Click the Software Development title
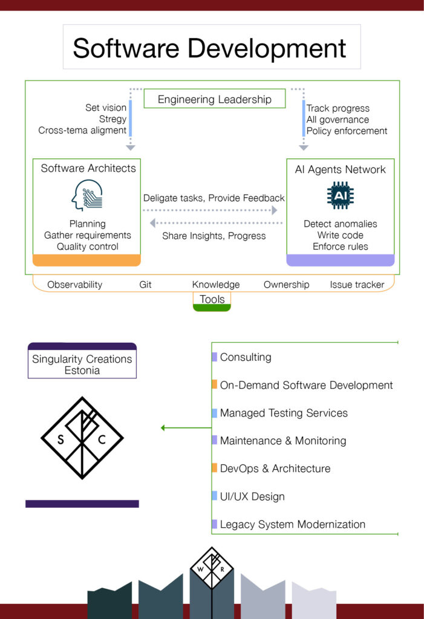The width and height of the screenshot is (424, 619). point(209,48)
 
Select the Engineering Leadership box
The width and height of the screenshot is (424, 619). point(215,99)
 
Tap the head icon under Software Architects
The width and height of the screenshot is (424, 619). point(87,195)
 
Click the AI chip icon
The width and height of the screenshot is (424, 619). point(340,195)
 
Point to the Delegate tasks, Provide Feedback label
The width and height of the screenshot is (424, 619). point(214,198)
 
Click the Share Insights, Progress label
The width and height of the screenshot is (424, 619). point(214,236)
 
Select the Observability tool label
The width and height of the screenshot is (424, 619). point(74,285)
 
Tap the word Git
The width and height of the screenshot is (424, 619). point(145,285)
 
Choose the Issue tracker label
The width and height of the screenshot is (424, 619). point(357,285)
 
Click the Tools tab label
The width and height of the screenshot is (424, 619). point(212,299)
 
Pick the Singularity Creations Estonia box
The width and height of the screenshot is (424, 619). point(82,361)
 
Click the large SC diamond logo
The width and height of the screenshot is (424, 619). point(82,438)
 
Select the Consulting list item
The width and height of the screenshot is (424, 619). point(246,357)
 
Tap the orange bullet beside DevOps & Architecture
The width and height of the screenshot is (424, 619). point(215,467)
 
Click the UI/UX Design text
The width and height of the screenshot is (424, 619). point(252,496)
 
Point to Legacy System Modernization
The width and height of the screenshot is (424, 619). point(292,524)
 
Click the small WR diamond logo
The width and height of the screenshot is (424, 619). point(212,568)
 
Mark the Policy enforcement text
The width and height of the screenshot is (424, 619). point(347,131)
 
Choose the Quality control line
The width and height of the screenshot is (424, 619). point(87,247)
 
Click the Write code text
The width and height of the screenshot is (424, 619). point(340,235)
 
